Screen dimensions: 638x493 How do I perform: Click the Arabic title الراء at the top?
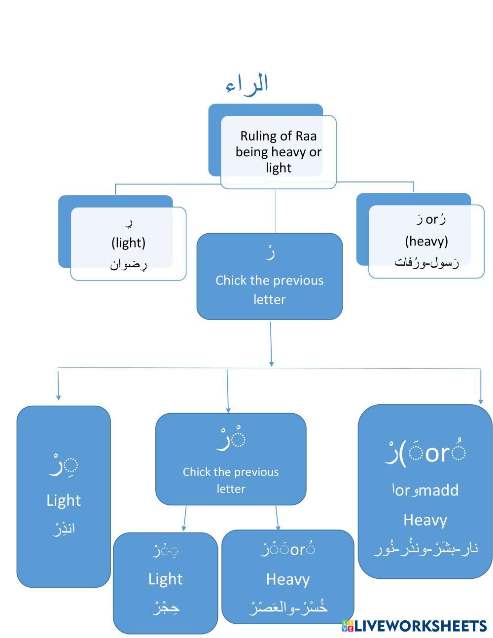click(x=247, y=84)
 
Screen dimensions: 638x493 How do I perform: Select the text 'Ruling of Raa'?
click(x=278, y=136)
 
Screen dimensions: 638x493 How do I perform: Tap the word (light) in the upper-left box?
click(x=128, y=243)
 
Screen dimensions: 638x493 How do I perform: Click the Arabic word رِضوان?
click(x=128, y=264)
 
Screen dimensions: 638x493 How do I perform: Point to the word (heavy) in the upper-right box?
click(x=426, y=241)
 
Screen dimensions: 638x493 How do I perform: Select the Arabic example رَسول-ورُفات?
click(x=426, y=262)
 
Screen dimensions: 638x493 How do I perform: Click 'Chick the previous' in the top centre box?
click(x=269, y=281)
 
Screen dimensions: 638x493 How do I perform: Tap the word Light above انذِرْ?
click(x=64, y=500)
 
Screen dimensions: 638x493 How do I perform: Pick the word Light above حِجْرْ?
click(x=165, y=579)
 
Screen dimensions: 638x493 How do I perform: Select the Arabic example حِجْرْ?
click(x=165, y=607)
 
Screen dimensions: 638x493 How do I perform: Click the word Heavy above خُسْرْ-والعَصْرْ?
click(x=288, y=579)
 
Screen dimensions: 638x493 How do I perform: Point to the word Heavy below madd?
click(x=425, y=520)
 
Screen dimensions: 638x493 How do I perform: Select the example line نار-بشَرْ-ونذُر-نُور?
click(x=425, y=548)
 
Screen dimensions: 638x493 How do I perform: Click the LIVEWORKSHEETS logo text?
click(x=420, y=626)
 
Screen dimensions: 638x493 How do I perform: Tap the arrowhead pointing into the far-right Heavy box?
click(x=481, y=401)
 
